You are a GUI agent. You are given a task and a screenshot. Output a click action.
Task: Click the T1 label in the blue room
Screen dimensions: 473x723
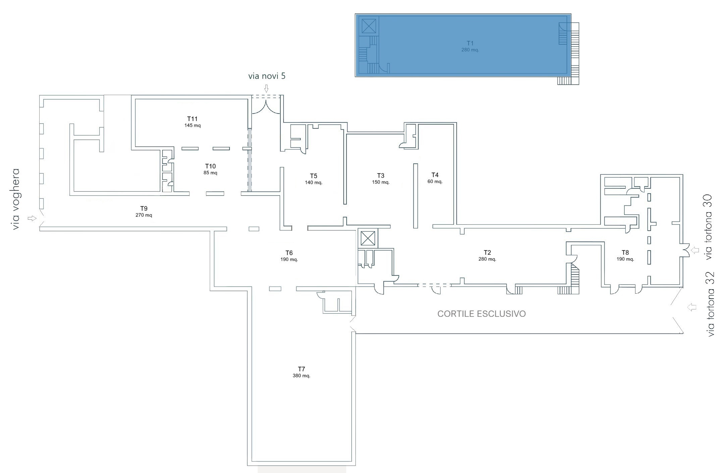pyautogui.click(x=470, y=43)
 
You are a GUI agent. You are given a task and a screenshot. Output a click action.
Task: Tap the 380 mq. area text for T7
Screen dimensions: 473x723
pyautogui.click(x=301, y=376)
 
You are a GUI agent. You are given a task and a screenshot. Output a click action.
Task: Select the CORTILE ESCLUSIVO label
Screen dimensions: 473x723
pyautogui.click(x=481, y=314)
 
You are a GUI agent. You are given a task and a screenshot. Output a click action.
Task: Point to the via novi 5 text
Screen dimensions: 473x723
pyautogui.click(x=267, y=76)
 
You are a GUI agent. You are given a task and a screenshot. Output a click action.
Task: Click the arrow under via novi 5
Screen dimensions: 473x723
pyautogui.click(x=266, y=88)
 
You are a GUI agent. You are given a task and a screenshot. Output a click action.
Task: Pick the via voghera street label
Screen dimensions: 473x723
pyautogui.click(x=15, y=199)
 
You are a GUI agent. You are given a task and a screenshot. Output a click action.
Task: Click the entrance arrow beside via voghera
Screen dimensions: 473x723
pyautogui.click(x=32, y=218)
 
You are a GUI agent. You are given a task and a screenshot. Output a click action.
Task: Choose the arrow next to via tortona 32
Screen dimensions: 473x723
pyautogui.click(x=691, y=307)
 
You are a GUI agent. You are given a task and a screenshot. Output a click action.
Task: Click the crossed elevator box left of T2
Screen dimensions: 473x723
pyautogui.click(x=368, y=239)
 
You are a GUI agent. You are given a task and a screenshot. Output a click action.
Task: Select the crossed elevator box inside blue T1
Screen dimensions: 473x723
pyautogui.click(x=369, y=26)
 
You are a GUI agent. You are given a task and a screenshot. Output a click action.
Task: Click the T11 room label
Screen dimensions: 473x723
pyautogui.click(x=192, y=119)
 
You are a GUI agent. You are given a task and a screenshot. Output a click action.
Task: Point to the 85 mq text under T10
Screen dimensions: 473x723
pyautogui.click(x=210, y=173)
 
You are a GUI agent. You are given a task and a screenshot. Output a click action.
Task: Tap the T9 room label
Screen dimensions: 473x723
pyautogui.click(x=144, y=208)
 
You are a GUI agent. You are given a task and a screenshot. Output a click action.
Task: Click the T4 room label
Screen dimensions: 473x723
pyautogui.click(x=435, y=175)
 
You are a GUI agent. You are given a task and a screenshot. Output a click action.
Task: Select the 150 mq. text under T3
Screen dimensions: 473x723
pyautogui.click(x=380, y=182)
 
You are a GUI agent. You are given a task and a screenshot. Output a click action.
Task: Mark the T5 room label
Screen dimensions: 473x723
pyautogui.click(x=313, y=176)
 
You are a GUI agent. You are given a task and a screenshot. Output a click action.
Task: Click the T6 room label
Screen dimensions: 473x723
pyautogui.click(x=289, y=253)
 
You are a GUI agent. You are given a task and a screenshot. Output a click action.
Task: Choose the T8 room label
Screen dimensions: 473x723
pyautogui.click(x=625, y=252)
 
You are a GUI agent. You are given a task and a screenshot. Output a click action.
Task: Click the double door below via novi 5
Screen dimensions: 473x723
pyautogui.click(x=266, y=107)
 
